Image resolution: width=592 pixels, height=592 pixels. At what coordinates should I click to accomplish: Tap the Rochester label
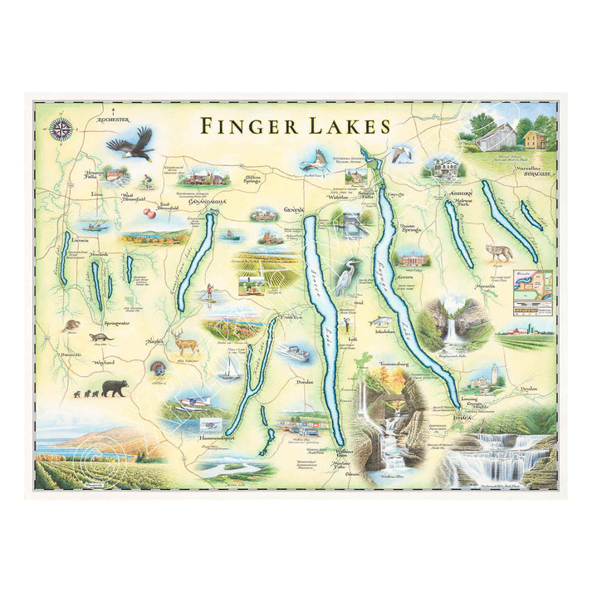click(114, 120)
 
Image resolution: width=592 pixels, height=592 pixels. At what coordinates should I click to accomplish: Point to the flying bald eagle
click(132, 145)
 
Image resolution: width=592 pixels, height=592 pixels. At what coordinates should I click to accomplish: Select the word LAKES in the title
click(351, 126)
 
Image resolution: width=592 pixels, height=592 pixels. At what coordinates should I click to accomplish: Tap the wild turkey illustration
click(159, 367)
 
